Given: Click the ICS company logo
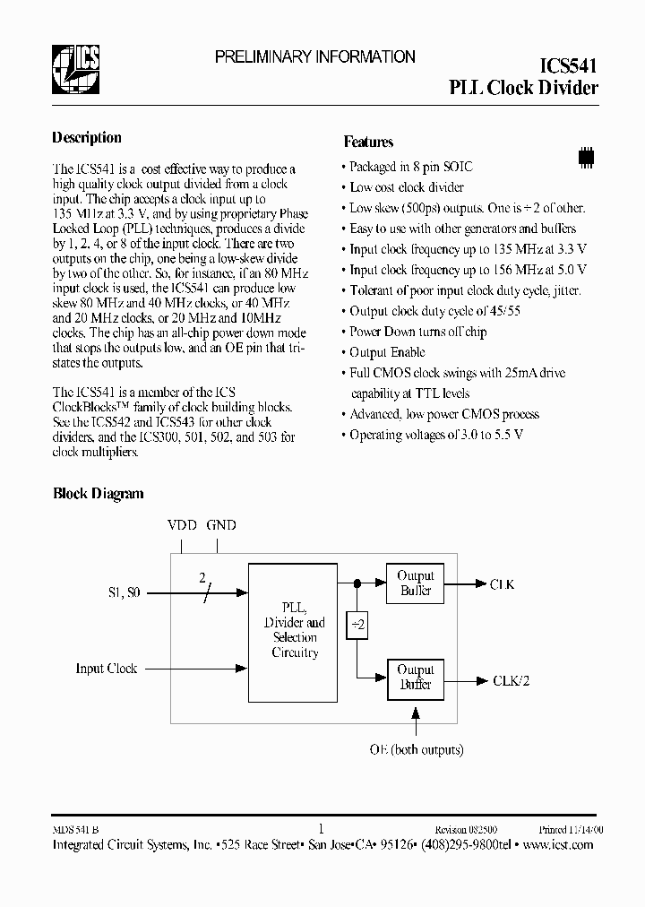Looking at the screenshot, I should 75,68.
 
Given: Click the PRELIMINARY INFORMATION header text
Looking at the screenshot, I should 314,56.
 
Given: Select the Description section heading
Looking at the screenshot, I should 87,138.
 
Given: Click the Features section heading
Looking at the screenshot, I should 368,142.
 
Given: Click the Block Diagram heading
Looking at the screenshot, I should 98,494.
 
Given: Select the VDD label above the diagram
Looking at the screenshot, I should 183,525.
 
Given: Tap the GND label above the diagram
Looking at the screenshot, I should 221,525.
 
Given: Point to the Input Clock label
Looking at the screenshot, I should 107,669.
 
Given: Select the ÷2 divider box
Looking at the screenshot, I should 357,626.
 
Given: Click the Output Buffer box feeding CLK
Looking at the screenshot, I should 415,583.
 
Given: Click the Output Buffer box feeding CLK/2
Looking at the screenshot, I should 415,678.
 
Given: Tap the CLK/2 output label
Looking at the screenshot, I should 511,680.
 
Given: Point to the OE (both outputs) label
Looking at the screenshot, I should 417,749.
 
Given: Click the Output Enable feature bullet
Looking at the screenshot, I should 387,352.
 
